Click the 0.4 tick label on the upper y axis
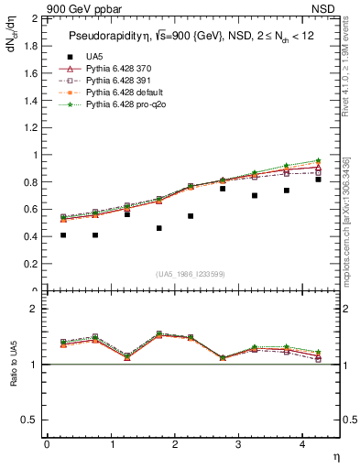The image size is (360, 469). [30, 236]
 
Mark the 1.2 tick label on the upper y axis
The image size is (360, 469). [30, 127]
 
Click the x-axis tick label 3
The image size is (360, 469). [238, 444]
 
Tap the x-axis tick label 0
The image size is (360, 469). [47, 444]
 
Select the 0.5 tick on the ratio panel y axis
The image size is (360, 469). [30, 420]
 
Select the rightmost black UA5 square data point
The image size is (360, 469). [318, 180]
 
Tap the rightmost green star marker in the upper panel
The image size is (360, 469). [318, 160]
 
